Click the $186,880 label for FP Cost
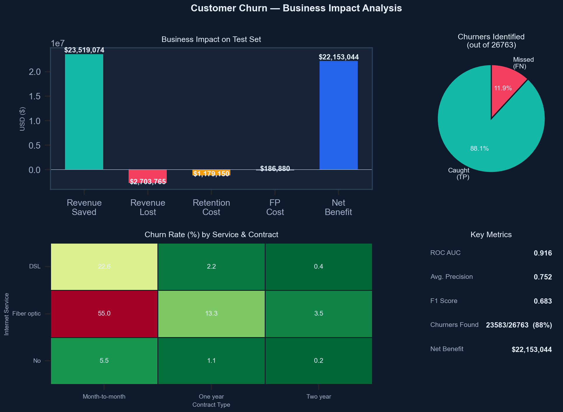[275, 169]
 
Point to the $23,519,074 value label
[84, 50]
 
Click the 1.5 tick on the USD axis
[35, 96]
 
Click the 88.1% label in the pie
[479, 149]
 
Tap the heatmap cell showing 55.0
[104, 314]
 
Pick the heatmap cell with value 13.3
[211, 314]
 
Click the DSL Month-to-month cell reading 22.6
[104, 267]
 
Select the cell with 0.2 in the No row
[319, 361]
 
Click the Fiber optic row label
[27, 314]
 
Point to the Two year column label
[319, 397]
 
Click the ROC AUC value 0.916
[543, 253]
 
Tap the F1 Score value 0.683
[543, 301]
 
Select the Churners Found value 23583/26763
[507, 325]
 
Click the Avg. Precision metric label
[451, 277]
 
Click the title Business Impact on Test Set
[211, 40]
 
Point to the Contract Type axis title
[211, 405]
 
